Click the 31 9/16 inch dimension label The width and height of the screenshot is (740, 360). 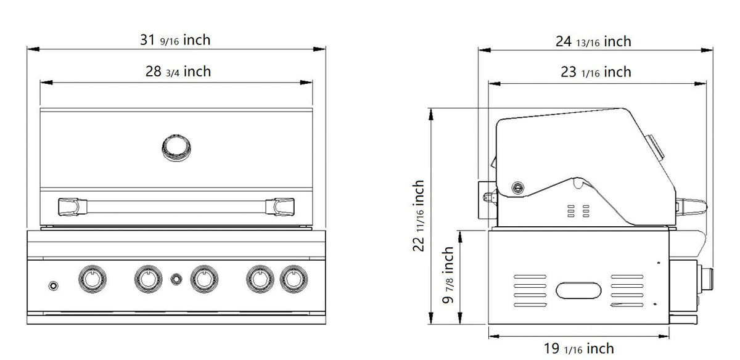coord(175,40)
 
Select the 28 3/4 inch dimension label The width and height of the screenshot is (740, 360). coord(178,72)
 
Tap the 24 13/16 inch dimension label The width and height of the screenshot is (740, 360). coord(593,42)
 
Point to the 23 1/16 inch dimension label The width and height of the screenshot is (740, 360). coord(596,72)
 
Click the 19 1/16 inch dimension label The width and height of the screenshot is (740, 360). coord(579,348)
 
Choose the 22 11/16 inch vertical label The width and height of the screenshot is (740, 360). coord(419,215)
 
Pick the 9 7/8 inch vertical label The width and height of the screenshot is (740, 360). coord(448,275)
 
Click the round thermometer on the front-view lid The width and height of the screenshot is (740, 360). coord(176,147)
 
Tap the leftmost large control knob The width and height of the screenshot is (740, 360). coord(92,279)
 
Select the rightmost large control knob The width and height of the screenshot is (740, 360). coord(294,279)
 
